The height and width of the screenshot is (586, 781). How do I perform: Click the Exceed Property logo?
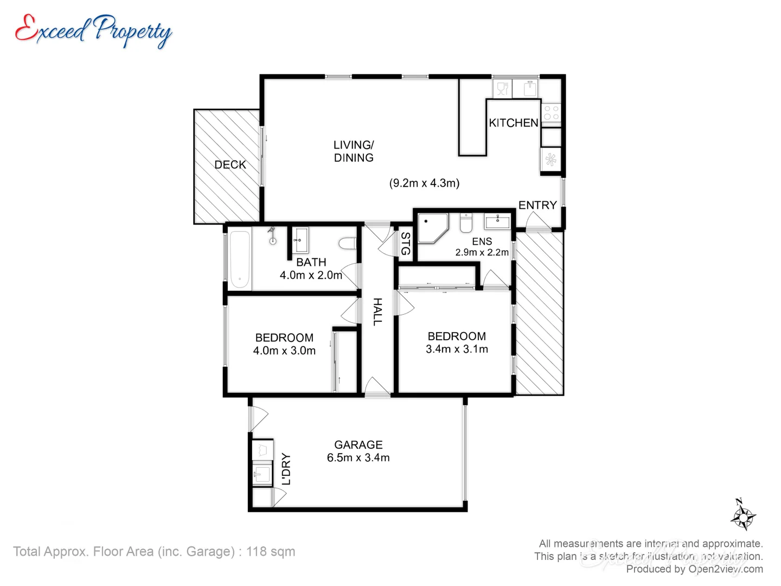coord(93,30)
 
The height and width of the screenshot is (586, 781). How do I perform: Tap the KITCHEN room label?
coord(513,123)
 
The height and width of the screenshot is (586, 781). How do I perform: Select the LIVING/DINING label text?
coord(354,151)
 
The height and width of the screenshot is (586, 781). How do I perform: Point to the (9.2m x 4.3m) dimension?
coord(424,183)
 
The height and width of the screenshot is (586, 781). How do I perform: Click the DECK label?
coord(230,165)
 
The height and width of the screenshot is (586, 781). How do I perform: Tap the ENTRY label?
coord(537,205)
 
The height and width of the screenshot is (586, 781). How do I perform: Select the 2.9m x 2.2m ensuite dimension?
coord(482,252)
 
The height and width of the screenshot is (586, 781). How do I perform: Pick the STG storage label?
coord(405,244)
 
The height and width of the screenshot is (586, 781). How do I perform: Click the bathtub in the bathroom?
coord(240,259)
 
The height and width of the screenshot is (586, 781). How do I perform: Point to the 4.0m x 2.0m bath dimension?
coord(311,275)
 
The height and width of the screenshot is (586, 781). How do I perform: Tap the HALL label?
coord(377,311)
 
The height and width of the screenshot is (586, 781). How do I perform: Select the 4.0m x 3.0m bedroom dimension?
coord(284,351)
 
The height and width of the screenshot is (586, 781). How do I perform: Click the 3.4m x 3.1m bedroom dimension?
coord(457,349)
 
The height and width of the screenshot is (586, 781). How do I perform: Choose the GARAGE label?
coord(358,445)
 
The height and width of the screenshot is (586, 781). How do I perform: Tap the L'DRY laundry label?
coord(286,469)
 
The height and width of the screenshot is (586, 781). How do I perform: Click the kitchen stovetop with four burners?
coord(551,113)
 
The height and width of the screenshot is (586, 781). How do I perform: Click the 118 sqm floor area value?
coord(271,552)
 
